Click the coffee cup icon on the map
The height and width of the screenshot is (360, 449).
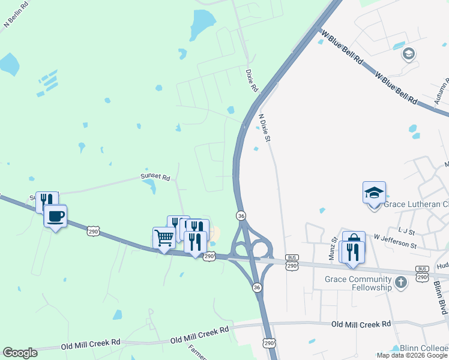[x=55, y=216]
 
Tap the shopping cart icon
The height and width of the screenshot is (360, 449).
[x=164, y=238]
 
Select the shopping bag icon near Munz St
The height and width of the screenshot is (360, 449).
[x=354, y=241]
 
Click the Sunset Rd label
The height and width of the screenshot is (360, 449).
[x=155, y=178]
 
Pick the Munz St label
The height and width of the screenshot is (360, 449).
[x=332, y=248]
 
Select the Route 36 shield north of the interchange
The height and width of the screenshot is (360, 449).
[x=241, y=215]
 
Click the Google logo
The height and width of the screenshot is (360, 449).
[x=20, y=353]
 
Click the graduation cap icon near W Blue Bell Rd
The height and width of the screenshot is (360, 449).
[x=409, y=54]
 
